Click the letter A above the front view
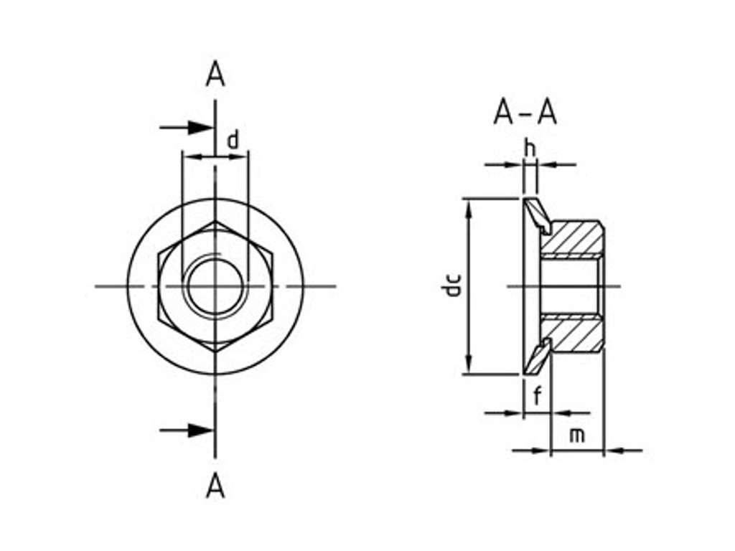click(x=215, y=75)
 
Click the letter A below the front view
click(x=215, y=487)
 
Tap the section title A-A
click(x=525, y=113)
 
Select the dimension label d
click(x=233, y=140)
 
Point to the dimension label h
click(x=530, y=149)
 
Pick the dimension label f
click(x=536, y=395)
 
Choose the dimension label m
click(x=577, y=435)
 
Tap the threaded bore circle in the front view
click(x=215, y=286)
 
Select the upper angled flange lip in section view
click(x=537, y=216)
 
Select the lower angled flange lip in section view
click(x=537, y=357)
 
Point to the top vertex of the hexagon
click(x=215, y=222)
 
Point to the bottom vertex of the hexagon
click(x=215, y=351)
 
